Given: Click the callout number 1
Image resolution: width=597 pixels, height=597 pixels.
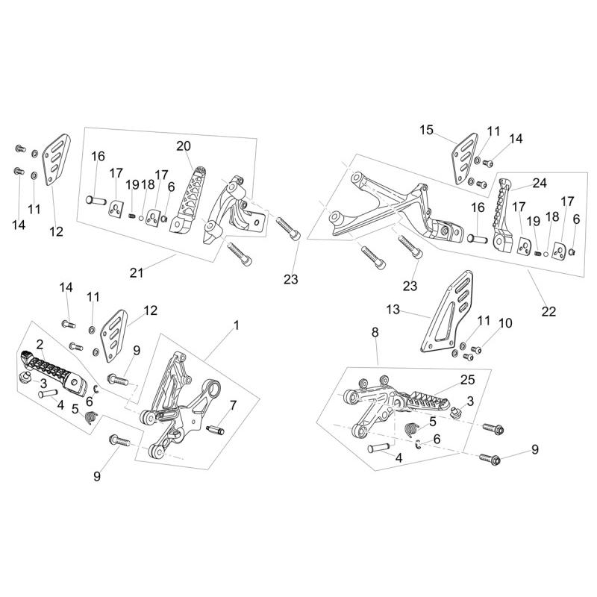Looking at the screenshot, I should point(236,325).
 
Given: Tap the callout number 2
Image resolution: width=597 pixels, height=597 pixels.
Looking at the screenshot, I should point(40,345).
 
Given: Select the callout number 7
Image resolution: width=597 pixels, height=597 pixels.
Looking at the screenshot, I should point(233,405).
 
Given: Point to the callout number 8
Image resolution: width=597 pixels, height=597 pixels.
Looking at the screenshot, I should point(375,331).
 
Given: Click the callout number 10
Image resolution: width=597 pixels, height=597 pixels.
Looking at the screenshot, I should point(505,323).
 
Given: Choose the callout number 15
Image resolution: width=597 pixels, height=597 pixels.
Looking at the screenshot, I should point(426,130).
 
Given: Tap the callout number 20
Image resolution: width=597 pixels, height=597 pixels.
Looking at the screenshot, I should point(184,146).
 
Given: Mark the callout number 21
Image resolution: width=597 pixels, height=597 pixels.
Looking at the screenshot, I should point(136,273).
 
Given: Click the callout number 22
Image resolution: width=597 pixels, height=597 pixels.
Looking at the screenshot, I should point(548,312).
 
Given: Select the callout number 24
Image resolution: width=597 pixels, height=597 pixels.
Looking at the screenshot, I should point(540,183).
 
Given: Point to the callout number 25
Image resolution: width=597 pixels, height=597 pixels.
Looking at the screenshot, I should point(467,381).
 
